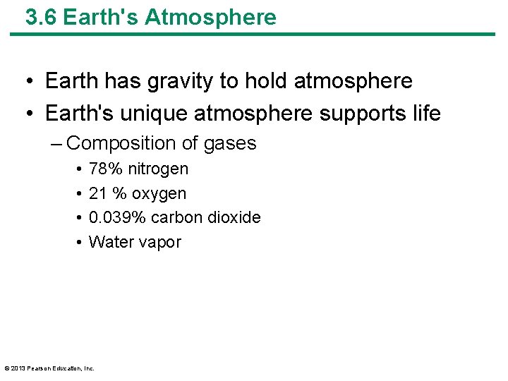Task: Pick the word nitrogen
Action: (x=158, y=169)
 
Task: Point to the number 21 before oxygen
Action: (x=97, y=193)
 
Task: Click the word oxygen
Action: (x=159, y=193)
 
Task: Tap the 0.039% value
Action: (x=117, y=217)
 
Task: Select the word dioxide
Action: (x=236, y=217)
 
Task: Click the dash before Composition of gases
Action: (x=56, y=144)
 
